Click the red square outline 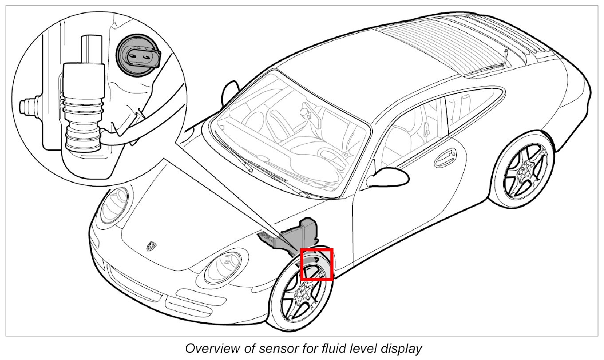click(317, 265)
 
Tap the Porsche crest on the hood click(152, 246)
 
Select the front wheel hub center click(305, 292)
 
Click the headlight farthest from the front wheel click(115, 204)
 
